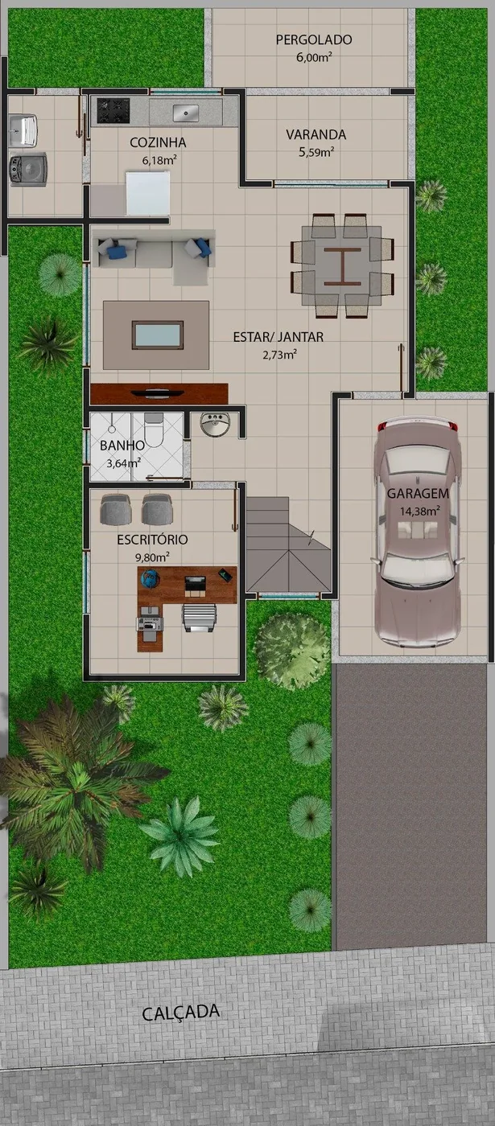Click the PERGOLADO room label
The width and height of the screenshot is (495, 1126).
(314, 39)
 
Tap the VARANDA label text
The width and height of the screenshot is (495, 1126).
(316, 134)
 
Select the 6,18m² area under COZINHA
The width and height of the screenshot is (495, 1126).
(159, 159)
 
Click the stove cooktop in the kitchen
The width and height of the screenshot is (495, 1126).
(113, 110)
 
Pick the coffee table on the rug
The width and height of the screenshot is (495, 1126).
(157, 335)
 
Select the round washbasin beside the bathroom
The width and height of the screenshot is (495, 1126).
(215, 425)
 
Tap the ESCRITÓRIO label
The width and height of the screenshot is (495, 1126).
(152, 539)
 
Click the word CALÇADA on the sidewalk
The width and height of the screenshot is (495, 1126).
(180, 1013)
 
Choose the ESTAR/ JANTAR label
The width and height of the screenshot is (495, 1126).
(278, 337)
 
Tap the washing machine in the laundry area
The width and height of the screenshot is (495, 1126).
(27, 169)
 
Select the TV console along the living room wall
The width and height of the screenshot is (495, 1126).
(159, 393)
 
